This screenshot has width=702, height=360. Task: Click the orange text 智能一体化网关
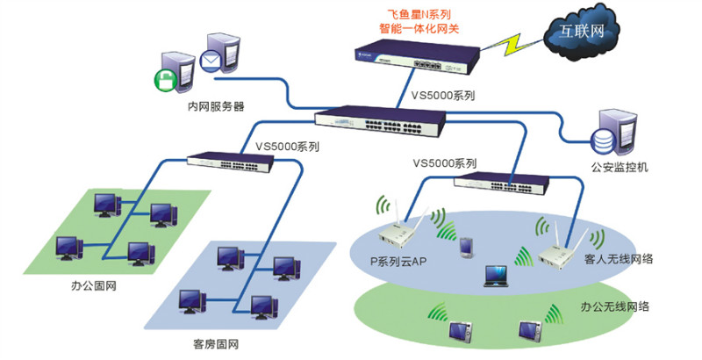[x=419, y=28]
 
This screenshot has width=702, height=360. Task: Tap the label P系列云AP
[x=399, y=261]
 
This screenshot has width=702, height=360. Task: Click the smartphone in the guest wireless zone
[x=465, y=248]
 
